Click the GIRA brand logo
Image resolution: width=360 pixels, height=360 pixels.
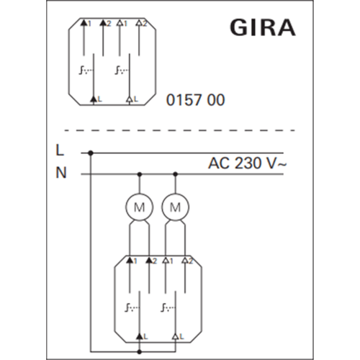pyautogui.click(x=263, y=27)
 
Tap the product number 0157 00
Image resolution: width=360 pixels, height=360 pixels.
pyautogui.click(x=195, y=100)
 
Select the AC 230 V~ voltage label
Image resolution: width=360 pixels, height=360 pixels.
pyautogui.click(x=247, y=163)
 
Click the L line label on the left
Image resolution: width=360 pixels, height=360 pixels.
pyautogui.click(x=60, y=150)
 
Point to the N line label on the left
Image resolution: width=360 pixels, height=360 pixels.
pyautogui.click(x=60, y=172)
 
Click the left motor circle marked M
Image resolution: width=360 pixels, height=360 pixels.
pyautogui.click(x=139, y=207)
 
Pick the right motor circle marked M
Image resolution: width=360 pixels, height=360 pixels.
pyautogui.click(x=175, y=207)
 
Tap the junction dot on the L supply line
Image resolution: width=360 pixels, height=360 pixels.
pyautogui.click(x=91, y=153)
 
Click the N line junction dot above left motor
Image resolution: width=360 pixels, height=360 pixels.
pyautogui.click(x=140, y=174)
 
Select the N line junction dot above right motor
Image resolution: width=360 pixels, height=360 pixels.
pyautogui.click(x=175, y=174)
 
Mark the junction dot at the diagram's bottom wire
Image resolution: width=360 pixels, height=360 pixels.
pyautogui.click(x=140, y=352)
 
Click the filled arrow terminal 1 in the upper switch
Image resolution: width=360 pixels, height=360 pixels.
pyautogui.click(x=84, y=23)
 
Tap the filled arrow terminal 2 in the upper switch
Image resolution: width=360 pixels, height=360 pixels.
pyautogui.click(x=103, y=23)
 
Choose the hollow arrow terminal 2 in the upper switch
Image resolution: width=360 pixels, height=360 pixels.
pyautogui.click(x=139, y=23)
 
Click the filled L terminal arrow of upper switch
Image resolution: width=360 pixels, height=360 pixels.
pyautogui.click(x=94, y=99)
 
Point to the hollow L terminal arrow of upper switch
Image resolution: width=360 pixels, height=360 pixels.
pyautogui.click(x=130, y=99)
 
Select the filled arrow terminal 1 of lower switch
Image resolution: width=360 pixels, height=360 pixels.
pyautogui.click(x=130, y=260)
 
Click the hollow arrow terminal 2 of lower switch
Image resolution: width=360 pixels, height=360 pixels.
pyautogui.click(x=185, y=260)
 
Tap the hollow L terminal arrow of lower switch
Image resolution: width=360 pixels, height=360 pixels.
pyautogui.click(x=176, y=337)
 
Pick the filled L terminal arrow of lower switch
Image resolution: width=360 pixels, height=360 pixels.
pyautogui.click(x=140, y=337)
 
